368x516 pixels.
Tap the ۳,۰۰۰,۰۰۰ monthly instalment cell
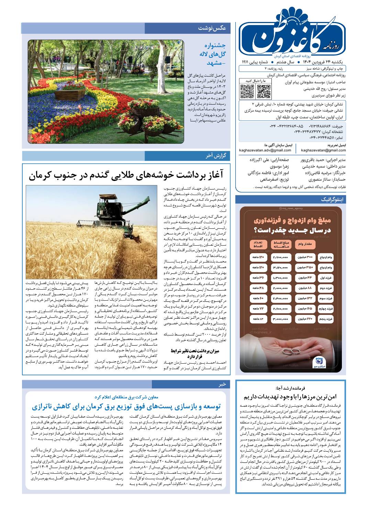281,319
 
